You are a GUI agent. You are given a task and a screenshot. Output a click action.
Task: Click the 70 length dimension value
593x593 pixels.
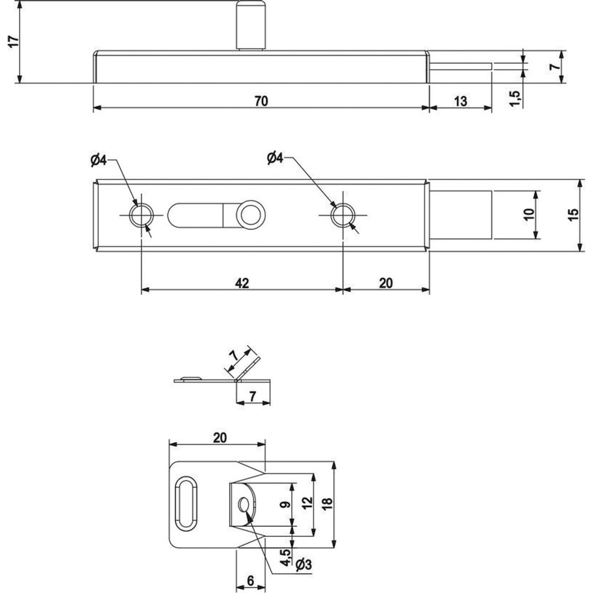click(x=261, y=101)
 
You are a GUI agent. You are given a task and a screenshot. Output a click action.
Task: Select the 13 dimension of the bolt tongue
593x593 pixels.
click(x=460, y=101)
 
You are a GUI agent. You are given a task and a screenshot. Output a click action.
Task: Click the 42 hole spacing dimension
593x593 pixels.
click(x=242, y=283)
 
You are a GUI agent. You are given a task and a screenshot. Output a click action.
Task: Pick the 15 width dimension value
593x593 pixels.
click(x=573, y=215)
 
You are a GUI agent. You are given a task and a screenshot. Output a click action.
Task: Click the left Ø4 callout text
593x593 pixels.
click(x=98, y=160)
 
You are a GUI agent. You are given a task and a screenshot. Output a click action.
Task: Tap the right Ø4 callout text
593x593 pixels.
click(x=275, y=158)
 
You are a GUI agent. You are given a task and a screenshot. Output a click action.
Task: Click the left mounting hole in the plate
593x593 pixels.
click(x=141, y=215)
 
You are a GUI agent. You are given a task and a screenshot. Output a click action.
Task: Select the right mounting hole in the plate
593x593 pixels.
click(x=343, y=215)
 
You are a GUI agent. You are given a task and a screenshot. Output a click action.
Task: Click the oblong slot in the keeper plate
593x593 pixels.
click(x=186, y=503)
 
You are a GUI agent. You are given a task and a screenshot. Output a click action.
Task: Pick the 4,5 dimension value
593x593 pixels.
click(x=285, y=557)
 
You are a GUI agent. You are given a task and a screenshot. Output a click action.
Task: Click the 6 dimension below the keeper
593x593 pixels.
click(x=250, y=580)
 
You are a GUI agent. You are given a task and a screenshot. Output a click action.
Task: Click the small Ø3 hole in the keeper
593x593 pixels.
click(x=244, y=504)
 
